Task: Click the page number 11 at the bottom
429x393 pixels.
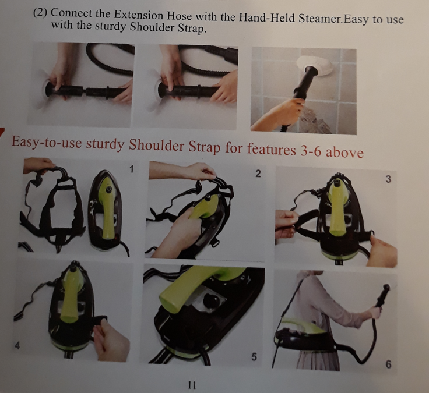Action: pyautogui.click(x=192, y=385)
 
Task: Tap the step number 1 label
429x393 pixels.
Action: pyautogui.click(x=132, y=169)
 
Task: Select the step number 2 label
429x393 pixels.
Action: pyautogui.click(x=258, y=174)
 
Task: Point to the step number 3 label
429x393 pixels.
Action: pyautogui.click(x=388, y=179)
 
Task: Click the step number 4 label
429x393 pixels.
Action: pyautogui.click(x=17, y=346)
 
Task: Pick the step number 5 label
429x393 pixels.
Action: pyautogui.click(x=254, y=357)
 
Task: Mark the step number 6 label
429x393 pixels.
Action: pyautogui.click(x=388, y=364)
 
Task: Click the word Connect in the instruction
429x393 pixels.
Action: pyautogui.click(x=72, y=13)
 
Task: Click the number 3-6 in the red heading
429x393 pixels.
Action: pyautogui.click(x=311, y=151)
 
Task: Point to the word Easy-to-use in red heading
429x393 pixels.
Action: pyautogui.click(x=47, y=142)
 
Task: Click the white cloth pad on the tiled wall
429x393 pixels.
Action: pyautogui.click(x=315, y=65)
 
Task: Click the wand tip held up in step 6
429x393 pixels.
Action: pyautogui.click(x=386, y=288)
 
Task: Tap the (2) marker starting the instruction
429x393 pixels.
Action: pyautogui.click(x=40, y=12)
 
